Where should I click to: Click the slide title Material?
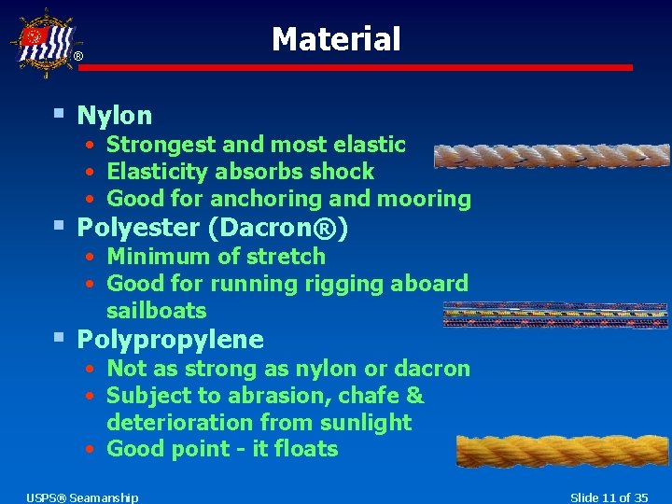[336, 39]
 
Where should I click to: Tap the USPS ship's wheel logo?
[42, 42]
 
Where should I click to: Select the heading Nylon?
[114, 116]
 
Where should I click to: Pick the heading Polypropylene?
[170, 339]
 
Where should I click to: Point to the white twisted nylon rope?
[551, 156]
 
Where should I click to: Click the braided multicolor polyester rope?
[556, 315]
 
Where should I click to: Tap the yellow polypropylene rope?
[562, 451]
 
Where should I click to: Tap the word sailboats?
[156, 311]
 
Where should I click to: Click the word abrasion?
[245, 396]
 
